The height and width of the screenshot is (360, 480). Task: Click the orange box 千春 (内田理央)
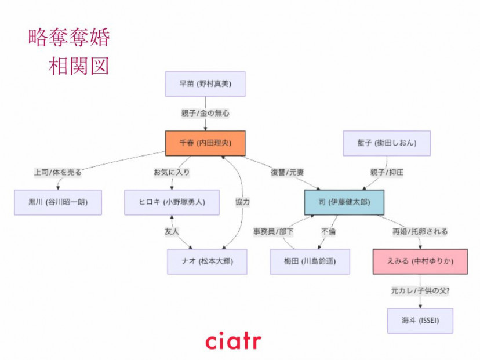click(x=205, y=143)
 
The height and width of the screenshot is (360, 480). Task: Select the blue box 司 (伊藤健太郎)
click(x=344, y=202)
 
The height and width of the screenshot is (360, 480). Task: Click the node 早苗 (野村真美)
click(x=205, y=84)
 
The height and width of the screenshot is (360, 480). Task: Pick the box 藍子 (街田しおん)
click(x=387, y=143)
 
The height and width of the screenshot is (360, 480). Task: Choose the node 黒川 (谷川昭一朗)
click(x=58, y=202)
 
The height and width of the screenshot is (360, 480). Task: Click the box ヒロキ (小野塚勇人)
click(x=172, y=202)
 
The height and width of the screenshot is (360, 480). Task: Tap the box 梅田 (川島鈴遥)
click(x=310, y=262)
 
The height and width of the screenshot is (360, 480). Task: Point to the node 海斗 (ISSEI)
click(x=420, y=321)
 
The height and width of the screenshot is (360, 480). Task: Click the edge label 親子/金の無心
click(x=205, y=114)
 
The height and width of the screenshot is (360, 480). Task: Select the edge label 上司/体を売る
click(x=58, y=172)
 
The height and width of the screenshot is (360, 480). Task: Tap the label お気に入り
click(x=172, y=172)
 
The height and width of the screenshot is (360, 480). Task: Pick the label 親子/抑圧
click(x=386, y=172)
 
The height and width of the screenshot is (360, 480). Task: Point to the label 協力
click(x=242, y=202)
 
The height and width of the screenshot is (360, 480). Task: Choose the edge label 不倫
click(x=328, y=232)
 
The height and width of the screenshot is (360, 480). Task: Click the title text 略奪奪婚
click(x=68, y=38)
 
